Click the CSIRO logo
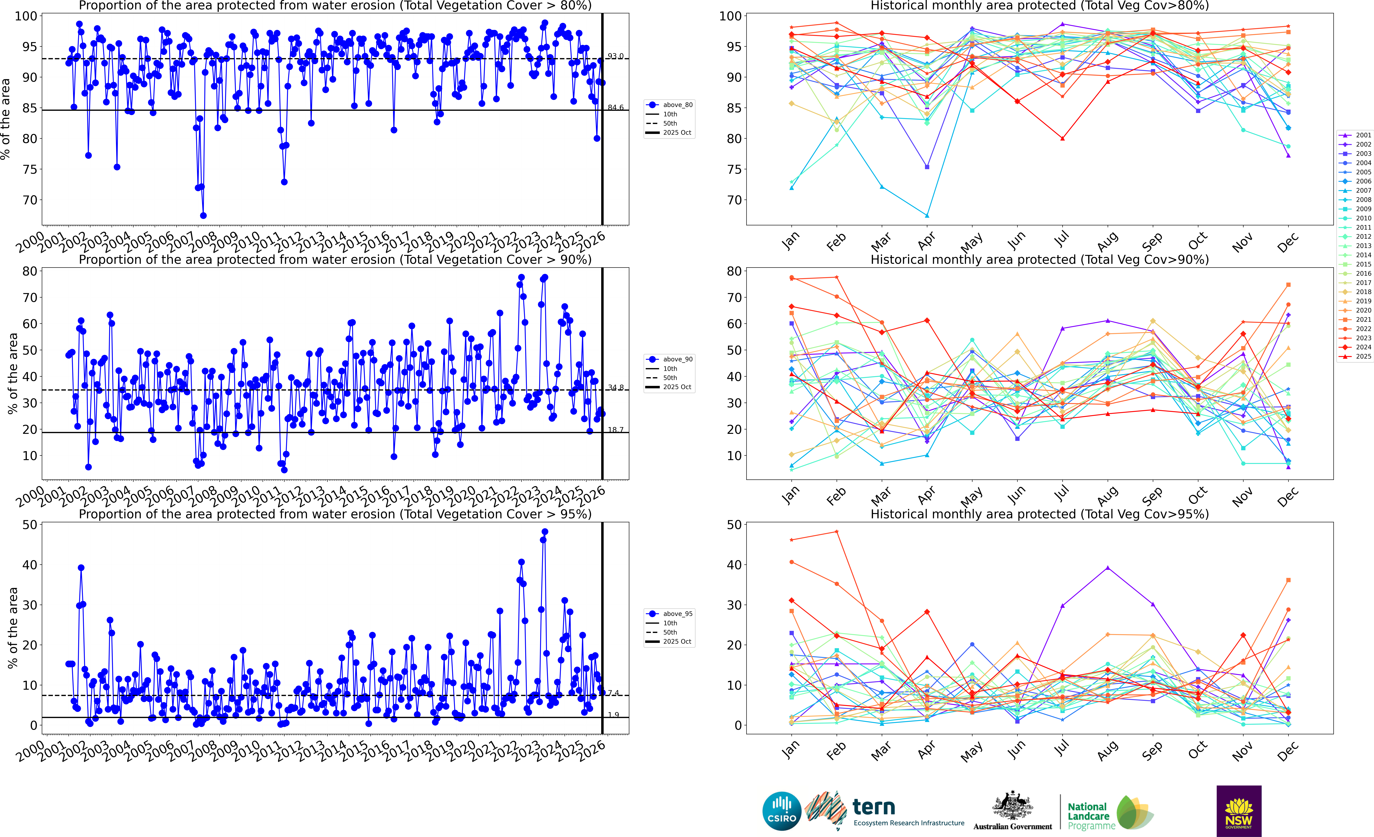[782, 811]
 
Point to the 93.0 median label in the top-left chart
[616, 56]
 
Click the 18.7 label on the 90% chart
[616, 430]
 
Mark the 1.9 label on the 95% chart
[613, 715]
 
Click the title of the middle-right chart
[1039, 260]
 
